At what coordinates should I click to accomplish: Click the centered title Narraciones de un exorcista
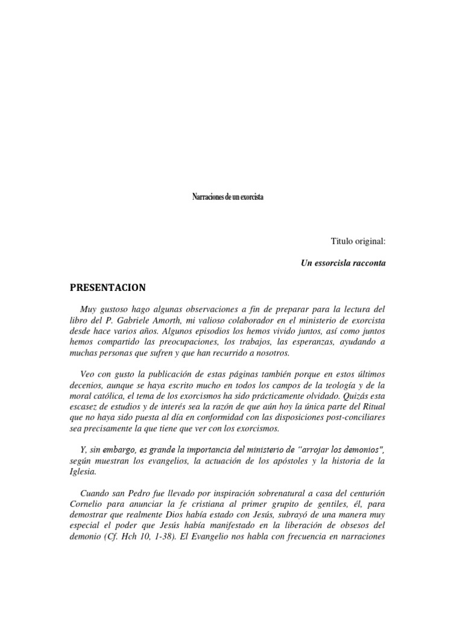[x=227, y=197]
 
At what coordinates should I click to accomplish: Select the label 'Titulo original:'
[x=357, y=241]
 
